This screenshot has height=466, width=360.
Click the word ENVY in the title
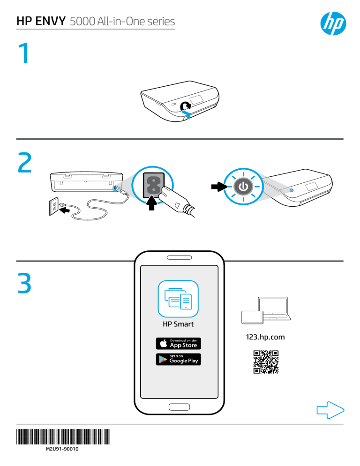pos(52,22)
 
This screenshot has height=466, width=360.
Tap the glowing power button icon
pos(243,187)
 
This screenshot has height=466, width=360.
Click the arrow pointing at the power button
pos(218,187)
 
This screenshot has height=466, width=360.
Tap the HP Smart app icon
pos(178,300)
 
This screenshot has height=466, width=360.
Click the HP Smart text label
pos(178,324)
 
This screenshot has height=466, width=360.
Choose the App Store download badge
pos(178,343)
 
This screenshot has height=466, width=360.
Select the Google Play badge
pos(178,360)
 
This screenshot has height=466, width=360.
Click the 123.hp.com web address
pos(265,337)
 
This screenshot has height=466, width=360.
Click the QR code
pos(266,362)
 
